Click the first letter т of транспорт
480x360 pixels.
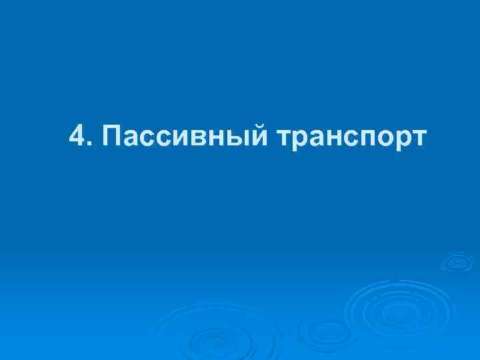click(x=281, y=139)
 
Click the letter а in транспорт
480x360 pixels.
click(x=311, y=139)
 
